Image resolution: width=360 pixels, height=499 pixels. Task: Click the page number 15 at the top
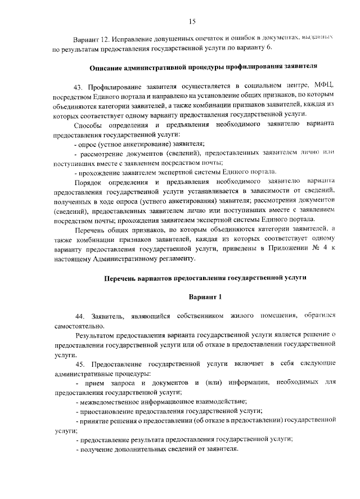tap(192, 21)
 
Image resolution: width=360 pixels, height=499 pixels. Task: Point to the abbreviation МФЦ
tap(325, 87)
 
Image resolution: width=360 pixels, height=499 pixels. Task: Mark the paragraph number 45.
tap(78, 365)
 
